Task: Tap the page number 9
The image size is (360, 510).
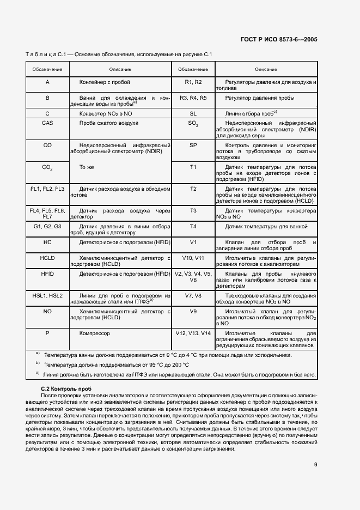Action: point(316,465)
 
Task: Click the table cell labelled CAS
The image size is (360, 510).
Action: point(47,123)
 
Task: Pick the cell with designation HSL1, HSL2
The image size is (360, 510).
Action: point(47,295)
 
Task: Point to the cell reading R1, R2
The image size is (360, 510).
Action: point(193,82)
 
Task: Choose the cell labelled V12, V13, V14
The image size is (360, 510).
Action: point(193,332)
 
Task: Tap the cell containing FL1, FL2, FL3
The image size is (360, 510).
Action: point(47,189)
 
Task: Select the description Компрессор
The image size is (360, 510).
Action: point(95,332)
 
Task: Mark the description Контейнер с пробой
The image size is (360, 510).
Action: point(104,82)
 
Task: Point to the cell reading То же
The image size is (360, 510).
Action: point(87,167)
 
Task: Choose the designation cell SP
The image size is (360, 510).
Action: point(193,145)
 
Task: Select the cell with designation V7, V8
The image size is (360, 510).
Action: point(193,295)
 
